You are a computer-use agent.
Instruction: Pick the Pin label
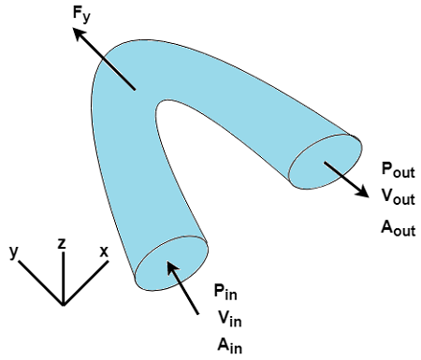(x=225, y=291)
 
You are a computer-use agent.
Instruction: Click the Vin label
(x=225, y=316)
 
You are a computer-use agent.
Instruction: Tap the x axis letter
(x=104, y=252)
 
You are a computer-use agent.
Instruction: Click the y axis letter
(x=15, y=252)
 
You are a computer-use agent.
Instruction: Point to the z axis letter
(x=62, y=243)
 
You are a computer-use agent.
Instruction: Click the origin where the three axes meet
(x=63, y=305)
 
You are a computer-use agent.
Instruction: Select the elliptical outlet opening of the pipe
(x=325, y=163)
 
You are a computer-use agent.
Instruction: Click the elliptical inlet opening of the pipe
(x=172, y=263)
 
